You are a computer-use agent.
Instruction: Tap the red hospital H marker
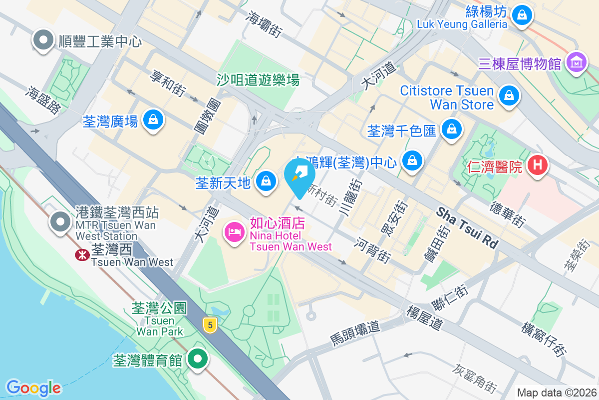pos(537,165)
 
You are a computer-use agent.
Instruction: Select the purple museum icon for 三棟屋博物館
pos(577,63)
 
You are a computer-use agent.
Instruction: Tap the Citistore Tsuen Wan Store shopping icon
pos(509,94)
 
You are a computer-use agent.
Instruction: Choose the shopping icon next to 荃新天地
pos(267,181)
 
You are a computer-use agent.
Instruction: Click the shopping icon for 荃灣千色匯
pos(451,129)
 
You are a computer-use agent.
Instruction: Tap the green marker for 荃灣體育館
pos(198,359)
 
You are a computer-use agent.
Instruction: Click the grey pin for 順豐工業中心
pos(43,39)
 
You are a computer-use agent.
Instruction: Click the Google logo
pos(33,388)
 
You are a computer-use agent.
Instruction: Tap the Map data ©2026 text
pos(556,393)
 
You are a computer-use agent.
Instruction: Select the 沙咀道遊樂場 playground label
pos(258,79)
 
